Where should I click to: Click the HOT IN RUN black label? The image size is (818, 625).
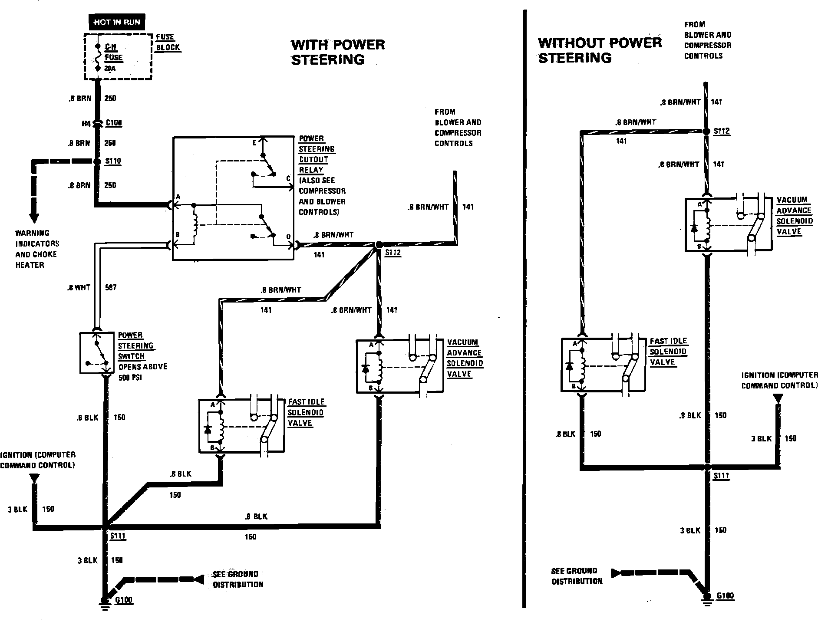(117, 22)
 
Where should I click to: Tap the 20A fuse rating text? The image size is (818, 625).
(110, 69)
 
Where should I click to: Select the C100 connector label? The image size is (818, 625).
(114, 123)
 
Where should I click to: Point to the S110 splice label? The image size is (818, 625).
(113, 161)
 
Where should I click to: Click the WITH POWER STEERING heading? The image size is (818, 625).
(338, 52)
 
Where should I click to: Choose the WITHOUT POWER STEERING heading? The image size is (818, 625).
(600, 50)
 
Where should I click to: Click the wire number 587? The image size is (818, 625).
(111, 287)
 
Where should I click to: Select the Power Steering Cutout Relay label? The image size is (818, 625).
(317, 154)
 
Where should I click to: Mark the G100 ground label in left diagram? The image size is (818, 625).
(124, 600)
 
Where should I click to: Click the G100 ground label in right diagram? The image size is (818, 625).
(725, 595)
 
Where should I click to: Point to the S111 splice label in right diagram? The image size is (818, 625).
(722, 476)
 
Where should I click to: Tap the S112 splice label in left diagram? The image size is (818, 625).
(393, 253)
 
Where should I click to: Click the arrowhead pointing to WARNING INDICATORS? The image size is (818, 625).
(33, 218)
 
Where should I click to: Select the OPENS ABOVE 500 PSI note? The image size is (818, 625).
(143, 372)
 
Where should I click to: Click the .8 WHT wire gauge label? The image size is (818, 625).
(79, 287)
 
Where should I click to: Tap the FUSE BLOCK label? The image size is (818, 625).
(168, 42)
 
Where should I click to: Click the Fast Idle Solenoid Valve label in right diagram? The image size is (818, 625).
(669, 352)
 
